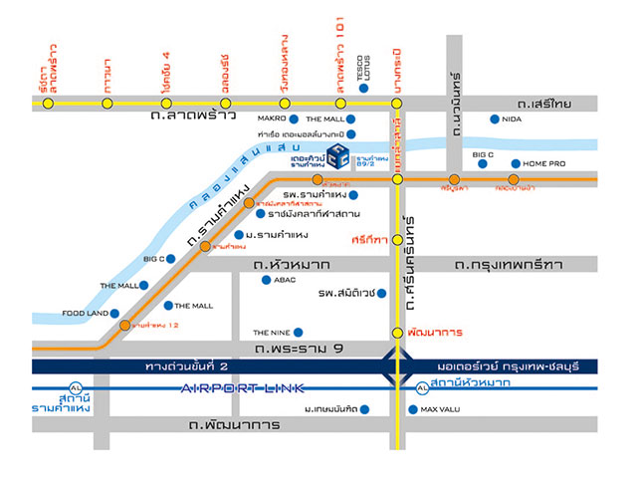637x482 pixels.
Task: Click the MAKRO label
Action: pyautogui.click(x=272, y=119)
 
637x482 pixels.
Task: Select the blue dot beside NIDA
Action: pyautogui.click(x=495, y=120)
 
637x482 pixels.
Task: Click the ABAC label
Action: pyautogui.click(x=284, y=280)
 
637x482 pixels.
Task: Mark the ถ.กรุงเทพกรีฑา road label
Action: pyautogui.click(x=508, y=264)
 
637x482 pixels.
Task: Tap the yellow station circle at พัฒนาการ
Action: pyautogui.click(x=397, y=333)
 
